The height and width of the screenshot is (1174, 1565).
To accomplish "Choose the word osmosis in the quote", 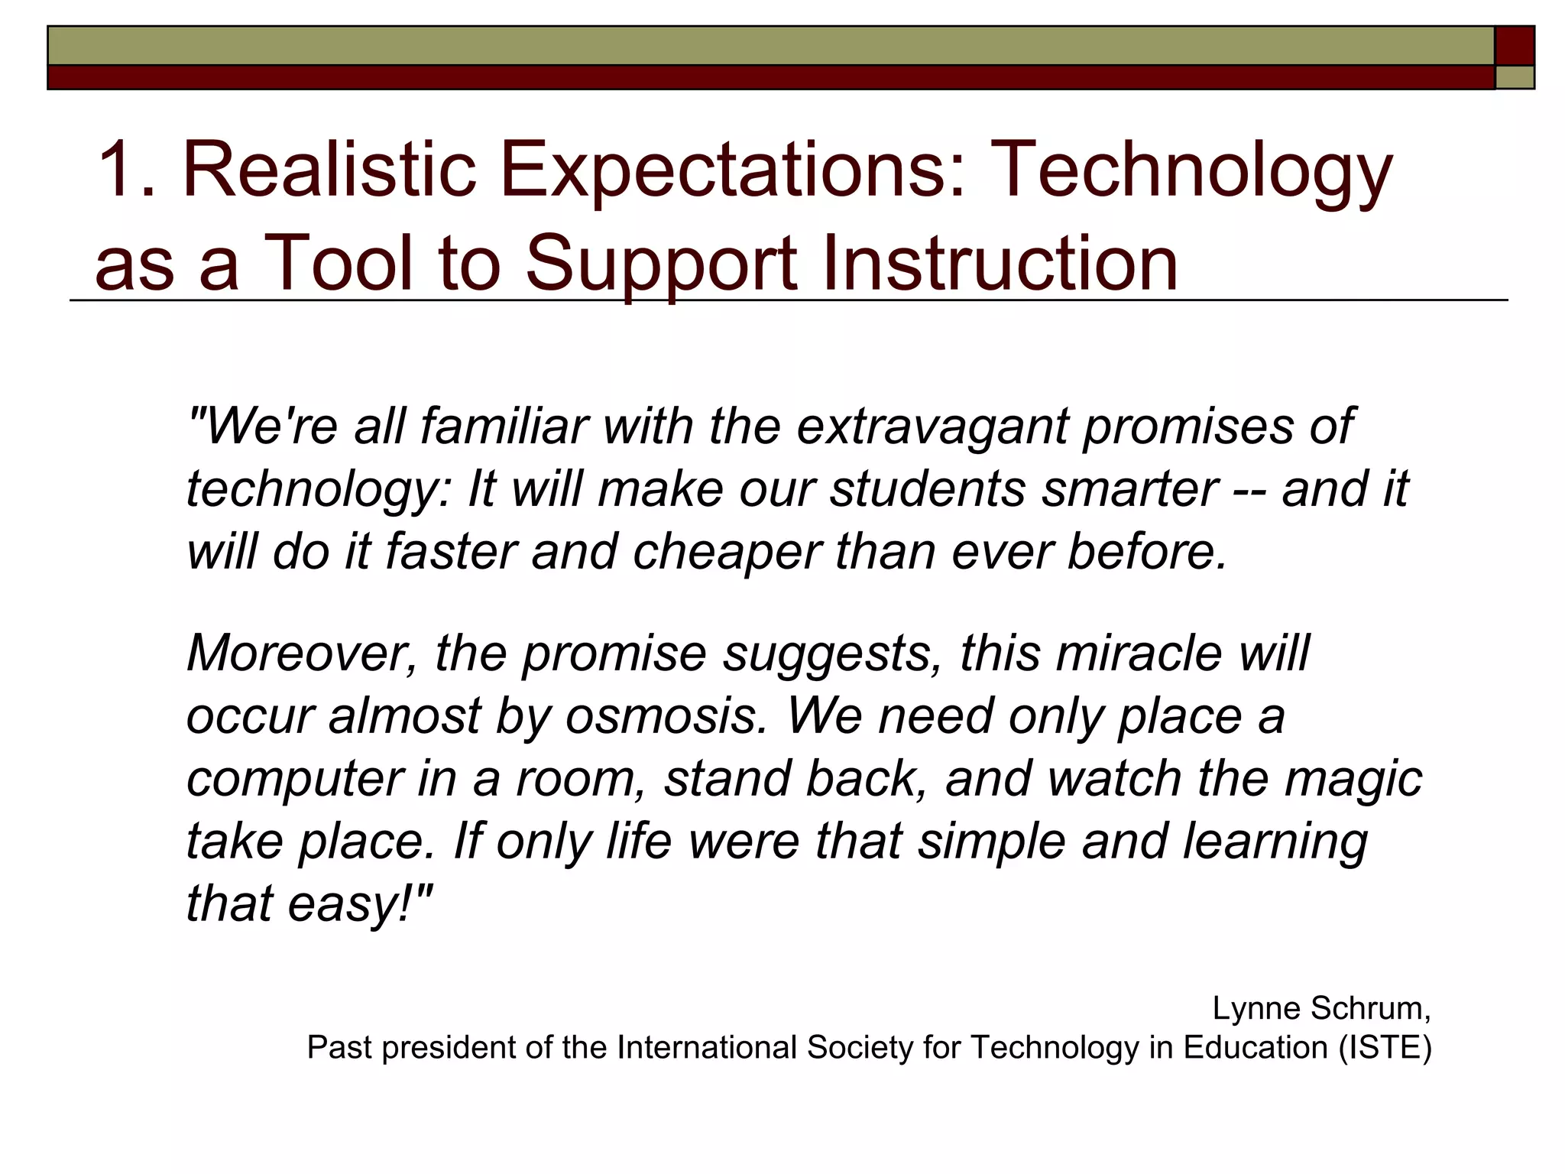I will pyautogui.click(x=666, y=716).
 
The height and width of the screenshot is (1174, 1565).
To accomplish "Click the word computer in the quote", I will pyautogui.click(x=294, y=779).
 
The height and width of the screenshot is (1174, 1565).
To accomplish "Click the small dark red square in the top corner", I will pyautogui.click(x=1515, y=46).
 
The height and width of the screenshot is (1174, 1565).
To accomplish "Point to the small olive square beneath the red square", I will pyautogui.click(x=1515, y=77).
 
